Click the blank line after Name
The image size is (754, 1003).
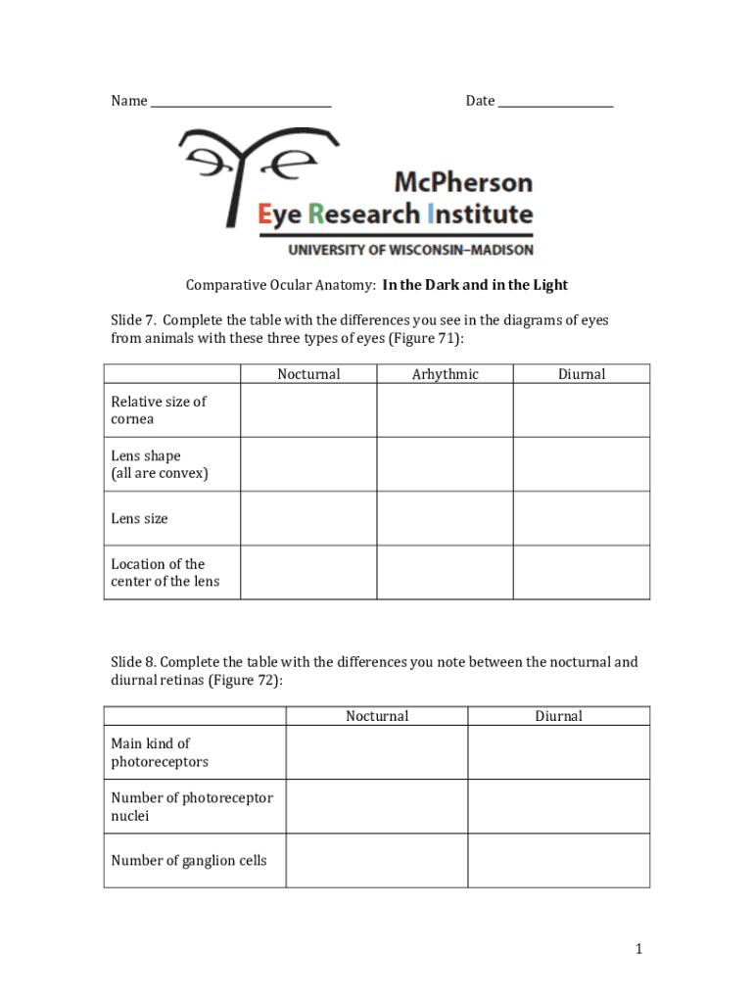click(x=241, y=103)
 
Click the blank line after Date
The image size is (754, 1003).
click(x=555, y=103)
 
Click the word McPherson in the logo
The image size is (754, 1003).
click(x=463, y=182)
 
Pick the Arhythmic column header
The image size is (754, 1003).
click(x=446, y=374)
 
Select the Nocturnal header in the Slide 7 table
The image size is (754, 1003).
click(x=308, y=374)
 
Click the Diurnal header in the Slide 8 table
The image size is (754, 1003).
click(x=558, y=716)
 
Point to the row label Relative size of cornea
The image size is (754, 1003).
click(x=159, y=410)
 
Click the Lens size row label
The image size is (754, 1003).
click(x=139, y=518)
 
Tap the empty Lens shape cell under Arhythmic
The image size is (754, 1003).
click(x=446, y=464)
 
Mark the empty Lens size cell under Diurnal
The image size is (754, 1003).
click(x=582, y=518)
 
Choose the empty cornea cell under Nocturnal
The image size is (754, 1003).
click(x=308, y=410)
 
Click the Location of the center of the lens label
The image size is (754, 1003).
click(x=165, y=573)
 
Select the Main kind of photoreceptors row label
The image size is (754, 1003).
click(x=160, y=752)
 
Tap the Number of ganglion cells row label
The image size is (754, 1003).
click(x=188, y=861)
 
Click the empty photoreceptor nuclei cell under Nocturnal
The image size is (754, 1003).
click(x=377, y=806)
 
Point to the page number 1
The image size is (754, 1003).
click(x=637, y=948)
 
